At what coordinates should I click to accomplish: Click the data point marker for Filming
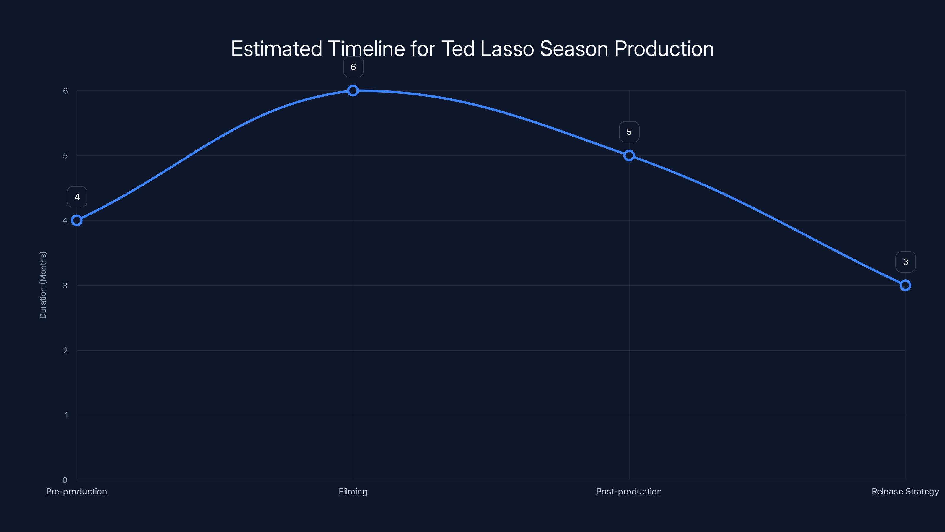353,90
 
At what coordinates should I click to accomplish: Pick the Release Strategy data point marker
905,285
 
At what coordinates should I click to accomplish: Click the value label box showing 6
353,67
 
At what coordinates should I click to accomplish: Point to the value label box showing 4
77,197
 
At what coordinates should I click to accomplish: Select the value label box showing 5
629,132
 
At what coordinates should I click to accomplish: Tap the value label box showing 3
905,262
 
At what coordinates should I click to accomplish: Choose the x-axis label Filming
353,491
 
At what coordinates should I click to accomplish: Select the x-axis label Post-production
629,491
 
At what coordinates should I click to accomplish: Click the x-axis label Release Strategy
905,491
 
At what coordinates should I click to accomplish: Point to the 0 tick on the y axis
65,480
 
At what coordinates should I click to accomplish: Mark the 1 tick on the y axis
66,415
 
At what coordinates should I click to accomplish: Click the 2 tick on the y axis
65,350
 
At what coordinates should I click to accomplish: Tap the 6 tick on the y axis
65,91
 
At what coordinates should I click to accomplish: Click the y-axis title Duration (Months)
43,285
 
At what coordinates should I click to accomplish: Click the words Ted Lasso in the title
487,48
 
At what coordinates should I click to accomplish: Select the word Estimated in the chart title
277,48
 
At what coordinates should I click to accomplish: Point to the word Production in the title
664,48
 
